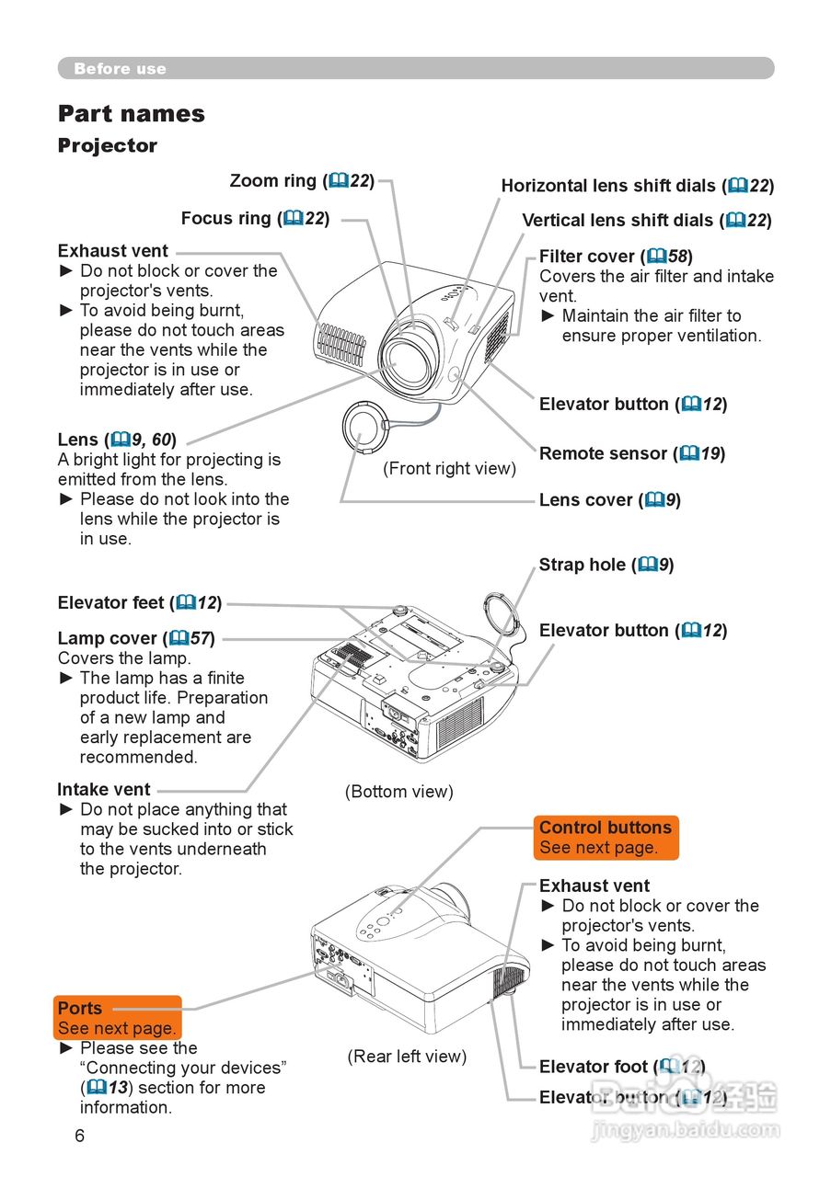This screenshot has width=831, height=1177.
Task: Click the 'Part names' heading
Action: tap(132, 114)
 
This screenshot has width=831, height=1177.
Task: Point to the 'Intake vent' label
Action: tap(104, 790)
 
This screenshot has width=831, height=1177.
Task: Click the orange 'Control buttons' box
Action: tap(606, 837)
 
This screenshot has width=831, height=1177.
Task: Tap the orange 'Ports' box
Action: tap(118, 1018)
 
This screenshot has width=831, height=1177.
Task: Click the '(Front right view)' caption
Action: tap(449, 469)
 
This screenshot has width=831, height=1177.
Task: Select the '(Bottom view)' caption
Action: tap(399, 792)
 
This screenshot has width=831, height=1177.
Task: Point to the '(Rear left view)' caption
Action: tap(407, 1057)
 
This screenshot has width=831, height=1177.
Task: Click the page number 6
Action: tap(79, 1136)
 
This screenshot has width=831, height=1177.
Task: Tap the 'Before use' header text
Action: tap(120, 69)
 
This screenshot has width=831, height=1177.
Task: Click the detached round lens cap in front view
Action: tap(361, 429)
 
